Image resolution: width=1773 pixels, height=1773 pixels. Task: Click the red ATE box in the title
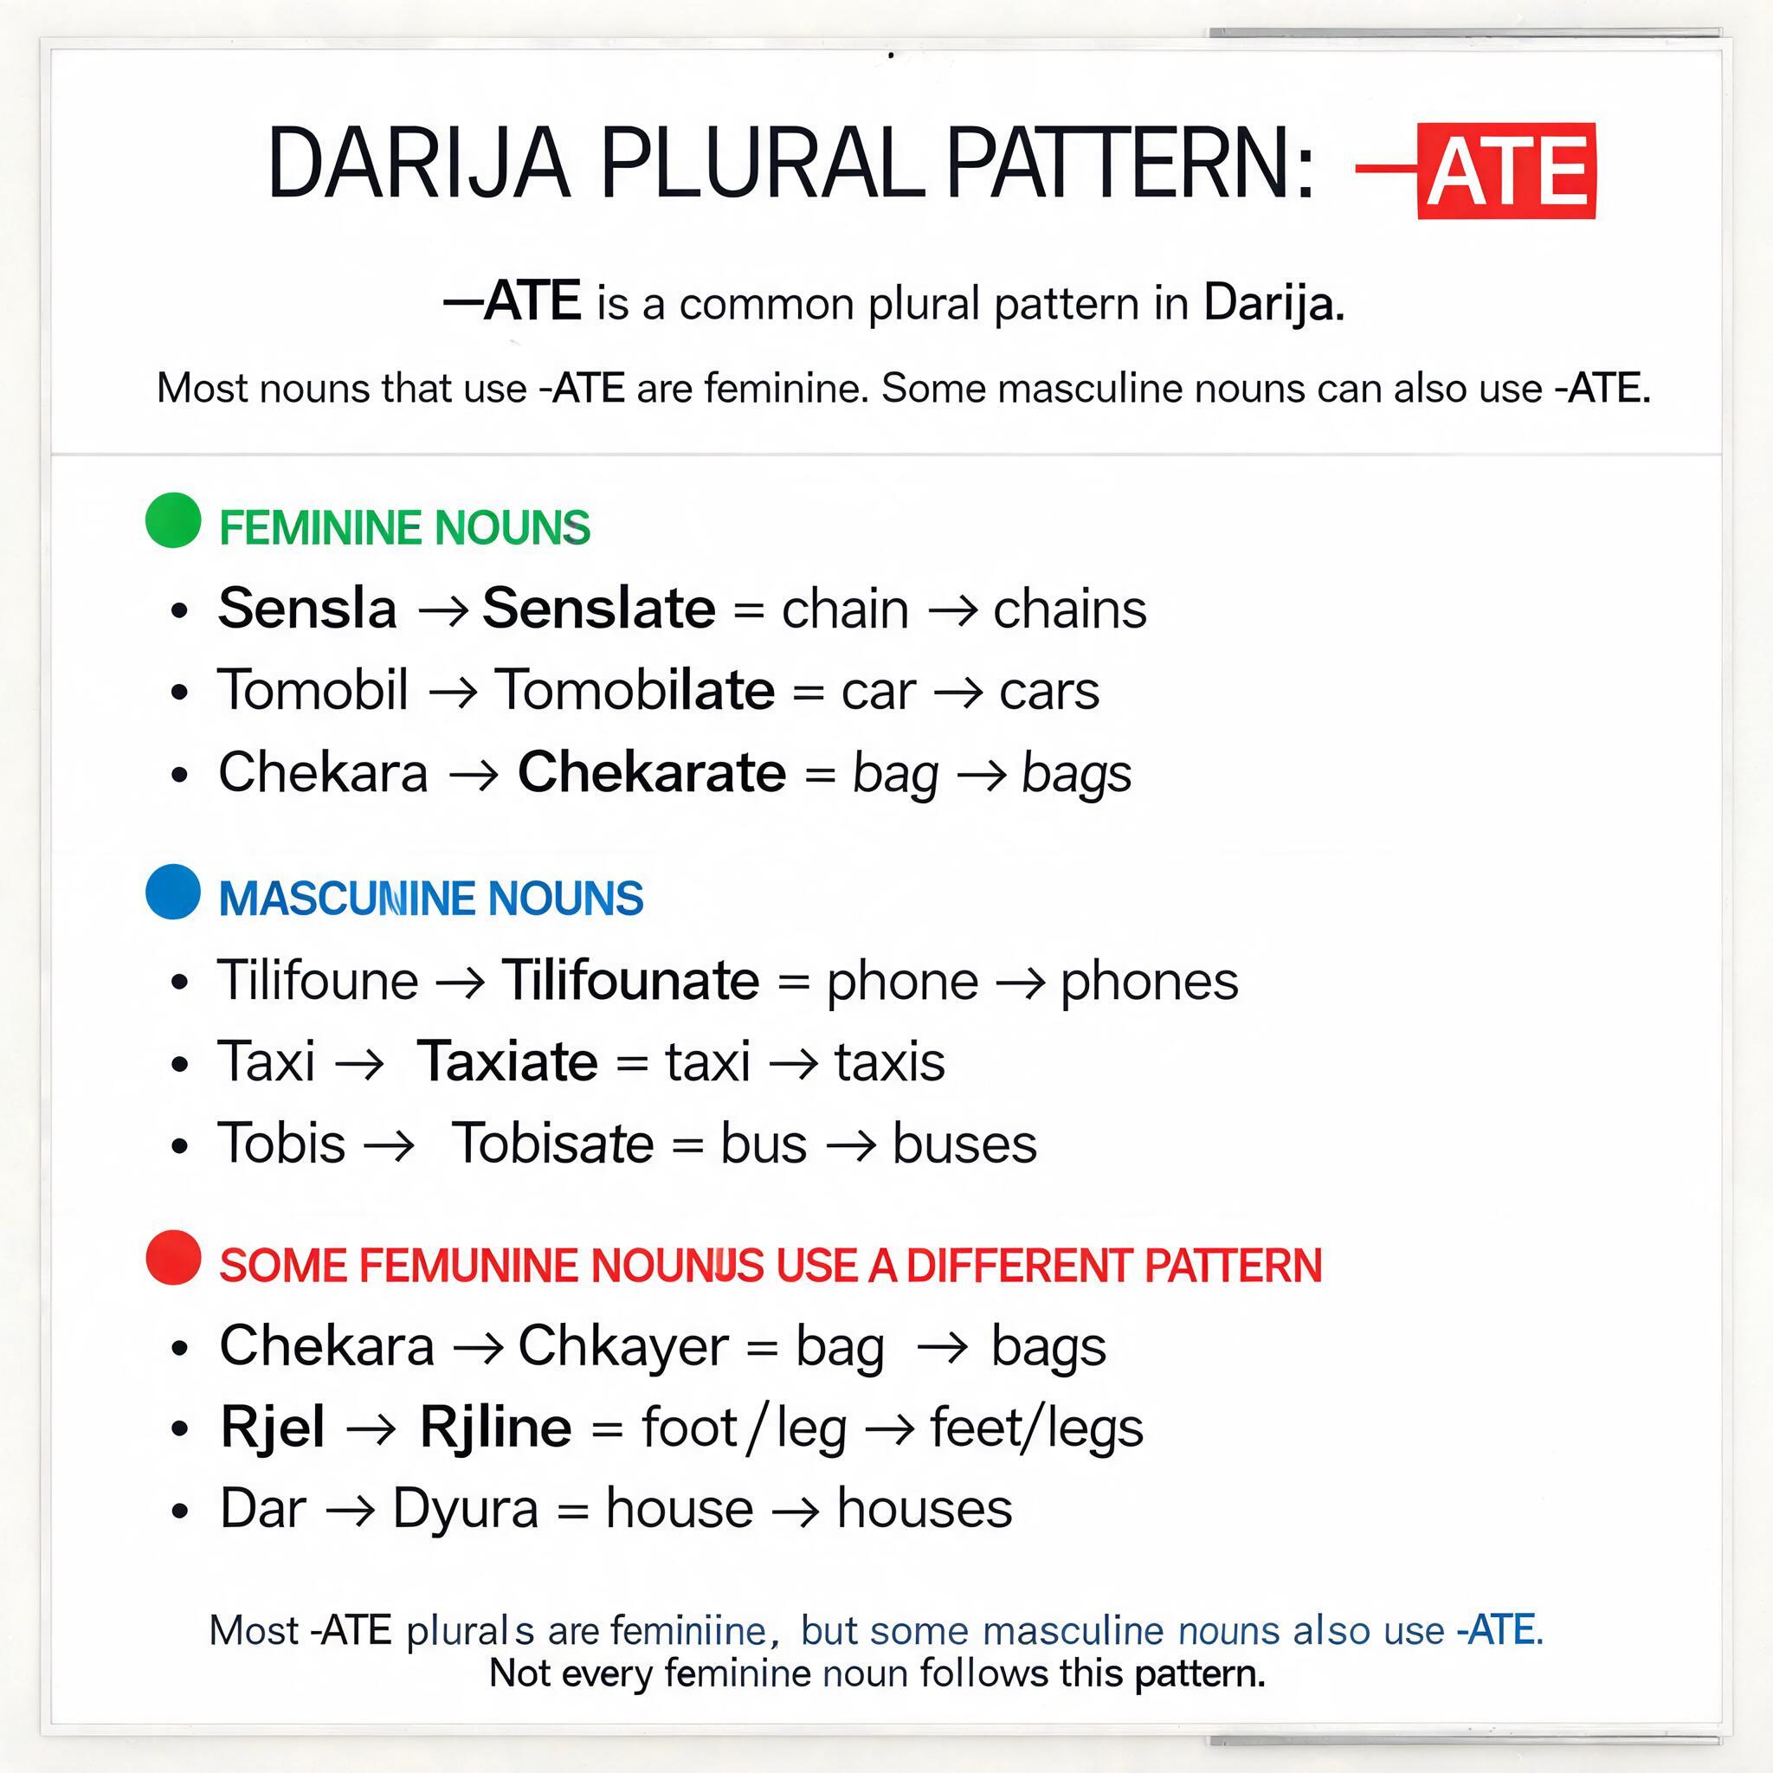(x=1506, y=171)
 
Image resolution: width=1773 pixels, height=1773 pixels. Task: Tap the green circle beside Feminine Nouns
(x=173, y=520)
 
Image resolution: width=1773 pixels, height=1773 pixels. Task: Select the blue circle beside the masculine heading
(x=173, y=891)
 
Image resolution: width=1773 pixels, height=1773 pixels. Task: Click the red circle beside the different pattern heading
(x=173, y=1257)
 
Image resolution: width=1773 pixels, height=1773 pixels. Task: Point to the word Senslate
(x=598, y=608)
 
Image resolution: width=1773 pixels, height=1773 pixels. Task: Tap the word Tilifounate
(x=630, y=980)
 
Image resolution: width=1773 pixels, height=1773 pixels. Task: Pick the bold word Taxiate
(x=507, y=1061)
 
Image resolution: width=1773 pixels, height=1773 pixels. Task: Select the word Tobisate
(x=553, y=1144)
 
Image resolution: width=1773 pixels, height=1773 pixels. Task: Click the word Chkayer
(x=623, y=1346)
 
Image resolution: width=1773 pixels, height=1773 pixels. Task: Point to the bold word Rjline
(x=495, y=1427)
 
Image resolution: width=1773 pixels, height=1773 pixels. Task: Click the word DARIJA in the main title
(x=418, y=164)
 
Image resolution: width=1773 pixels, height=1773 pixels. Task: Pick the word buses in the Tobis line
(x=964, y=1144)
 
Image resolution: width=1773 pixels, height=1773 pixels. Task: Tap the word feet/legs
(x=1037, y=1428)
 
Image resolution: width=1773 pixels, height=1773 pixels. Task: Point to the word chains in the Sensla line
(x=1070, y=609)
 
